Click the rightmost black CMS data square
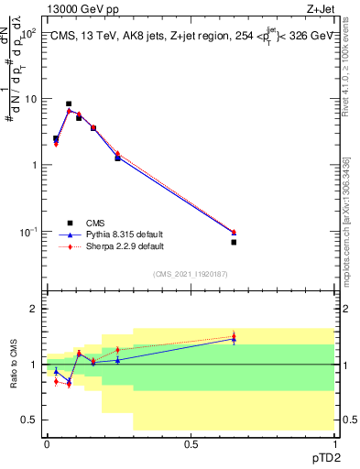(x=234, y=242)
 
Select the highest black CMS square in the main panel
(x=69, y=104)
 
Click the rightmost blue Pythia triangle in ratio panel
(x=234, y=340)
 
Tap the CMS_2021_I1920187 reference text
(x=190, y=274)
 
